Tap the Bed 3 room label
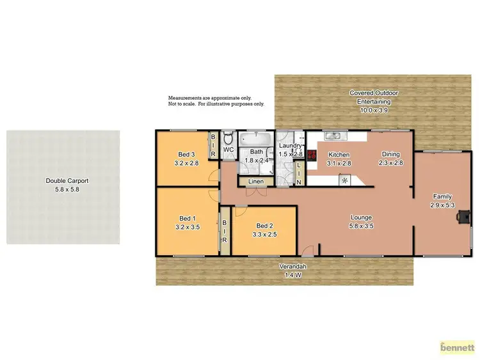point(186,154)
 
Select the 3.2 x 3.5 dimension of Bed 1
point(188,226)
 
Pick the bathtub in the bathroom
point(255,138)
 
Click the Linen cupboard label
point(255,182)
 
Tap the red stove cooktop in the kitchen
point(312,154)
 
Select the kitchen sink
point(334,136)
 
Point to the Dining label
point(391,154)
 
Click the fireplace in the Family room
point(461,217)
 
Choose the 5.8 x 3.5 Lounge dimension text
point(361,226)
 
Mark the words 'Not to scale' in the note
point(182,104)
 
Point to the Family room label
point(442,196)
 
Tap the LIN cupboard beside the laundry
point(299,174)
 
